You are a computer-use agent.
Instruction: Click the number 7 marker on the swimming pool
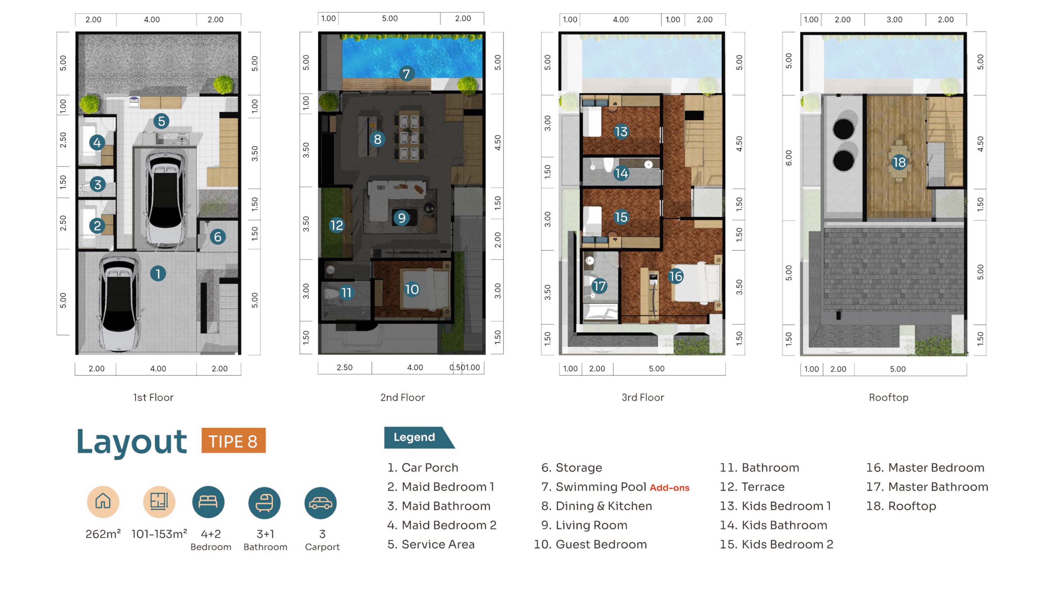406,74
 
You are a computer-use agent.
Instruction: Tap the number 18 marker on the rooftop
899,162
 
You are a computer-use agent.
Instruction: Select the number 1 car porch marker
158,273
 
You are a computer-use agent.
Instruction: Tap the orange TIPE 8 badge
234,440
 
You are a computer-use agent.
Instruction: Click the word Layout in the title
132,442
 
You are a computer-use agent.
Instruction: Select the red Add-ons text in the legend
669,487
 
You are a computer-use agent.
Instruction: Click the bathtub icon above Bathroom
265,503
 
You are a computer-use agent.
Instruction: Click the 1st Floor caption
153,397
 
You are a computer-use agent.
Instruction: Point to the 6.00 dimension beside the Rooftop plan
788,158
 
